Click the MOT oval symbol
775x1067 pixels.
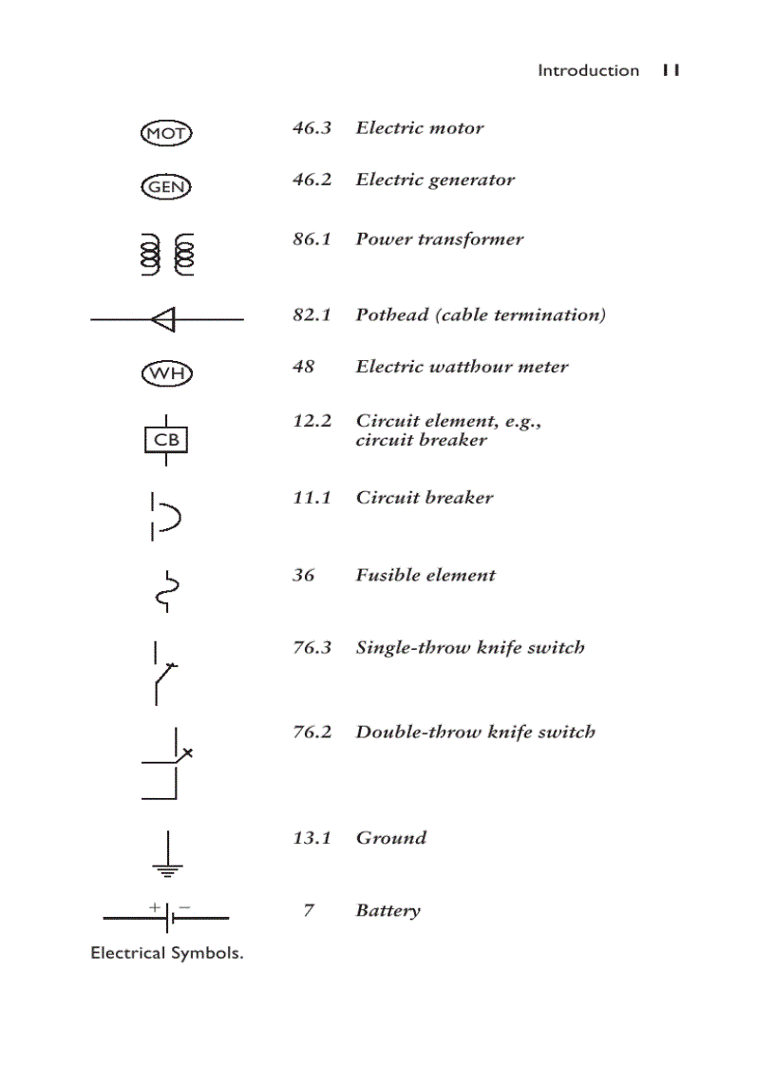[166, 133]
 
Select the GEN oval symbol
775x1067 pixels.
[166, 186]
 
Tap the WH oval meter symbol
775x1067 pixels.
[166, 372]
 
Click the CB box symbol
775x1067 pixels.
[166, 440]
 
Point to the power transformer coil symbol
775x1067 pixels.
[166, 255]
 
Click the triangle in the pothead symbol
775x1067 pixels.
[163, 319]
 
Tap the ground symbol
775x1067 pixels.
[167, 854]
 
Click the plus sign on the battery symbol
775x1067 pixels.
[155, 907]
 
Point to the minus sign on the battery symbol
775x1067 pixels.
[183, 907]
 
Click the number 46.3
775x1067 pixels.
[312, 127]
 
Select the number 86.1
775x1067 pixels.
[312, 238]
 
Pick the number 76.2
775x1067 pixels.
[312, 732]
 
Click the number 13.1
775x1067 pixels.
[312, 837]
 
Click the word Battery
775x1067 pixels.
[387, 910]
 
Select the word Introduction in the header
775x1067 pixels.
[588, 70]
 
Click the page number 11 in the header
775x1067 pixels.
[671, 70]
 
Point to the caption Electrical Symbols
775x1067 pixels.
[166, 953]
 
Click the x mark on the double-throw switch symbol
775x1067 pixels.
[187, 753]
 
